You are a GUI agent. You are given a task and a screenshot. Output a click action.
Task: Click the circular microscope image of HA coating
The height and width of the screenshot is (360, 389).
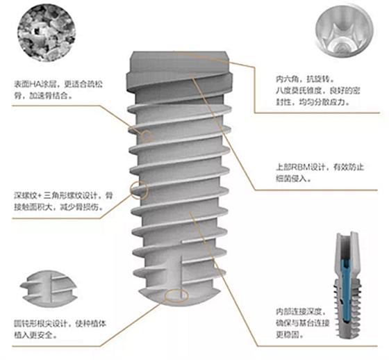47,33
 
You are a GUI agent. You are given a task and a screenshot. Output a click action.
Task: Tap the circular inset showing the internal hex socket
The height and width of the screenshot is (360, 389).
345,31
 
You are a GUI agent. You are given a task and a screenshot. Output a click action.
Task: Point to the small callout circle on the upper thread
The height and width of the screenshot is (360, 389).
147,136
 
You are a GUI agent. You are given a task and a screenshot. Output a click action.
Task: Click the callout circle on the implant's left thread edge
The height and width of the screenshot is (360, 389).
139,190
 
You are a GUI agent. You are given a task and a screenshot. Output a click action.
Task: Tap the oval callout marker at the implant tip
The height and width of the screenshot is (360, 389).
176,295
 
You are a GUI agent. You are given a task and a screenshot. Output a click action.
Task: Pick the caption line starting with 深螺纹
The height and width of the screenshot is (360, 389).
63,196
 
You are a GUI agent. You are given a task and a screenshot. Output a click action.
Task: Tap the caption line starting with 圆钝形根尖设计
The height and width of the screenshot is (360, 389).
60,324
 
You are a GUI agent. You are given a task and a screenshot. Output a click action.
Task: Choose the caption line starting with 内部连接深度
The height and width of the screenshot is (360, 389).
301,311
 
